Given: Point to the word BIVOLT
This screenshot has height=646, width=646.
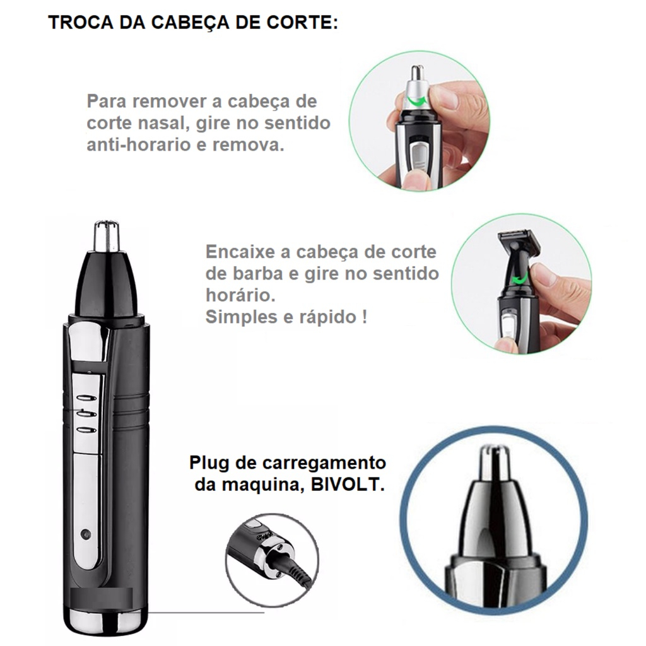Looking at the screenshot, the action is tap(348, 484).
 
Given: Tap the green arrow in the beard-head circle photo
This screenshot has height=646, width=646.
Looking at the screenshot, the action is tap(520, 279).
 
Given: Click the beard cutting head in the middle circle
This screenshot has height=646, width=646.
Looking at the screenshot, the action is tap(519, 244).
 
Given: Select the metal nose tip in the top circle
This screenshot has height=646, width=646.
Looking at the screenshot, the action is tap(418, 84).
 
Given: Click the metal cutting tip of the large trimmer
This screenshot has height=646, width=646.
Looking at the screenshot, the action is tap(107, 237).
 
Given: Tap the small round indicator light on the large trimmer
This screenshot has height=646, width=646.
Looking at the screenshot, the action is tap(86, 534).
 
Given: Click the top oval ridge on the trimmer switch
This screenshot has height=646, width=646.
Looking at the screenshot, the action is tap(86, 398).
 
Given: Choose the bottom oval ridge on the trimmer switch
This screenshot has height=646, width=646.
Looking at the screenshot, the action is tap(86, 430).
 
